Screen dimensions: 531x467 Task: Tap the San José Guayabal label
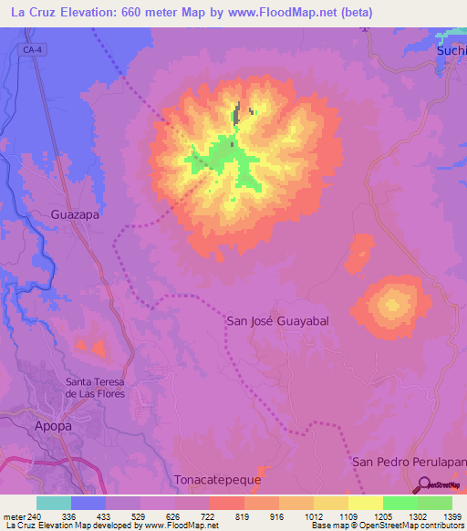point(276,321)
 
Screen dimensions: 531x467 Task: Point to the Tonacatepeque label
point(217,479)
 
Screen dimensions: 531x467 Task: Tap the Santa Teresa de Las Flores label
point(94,387)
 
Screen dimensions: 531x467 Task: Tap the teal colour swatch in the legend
point(53,503)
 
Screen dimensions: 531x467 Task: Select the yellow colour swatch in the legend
point(365,503)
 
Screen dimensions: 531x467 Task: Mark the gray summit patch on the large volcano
point(237,115)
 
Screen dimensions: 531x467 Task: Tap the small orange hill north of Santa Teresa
point(89,347)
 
